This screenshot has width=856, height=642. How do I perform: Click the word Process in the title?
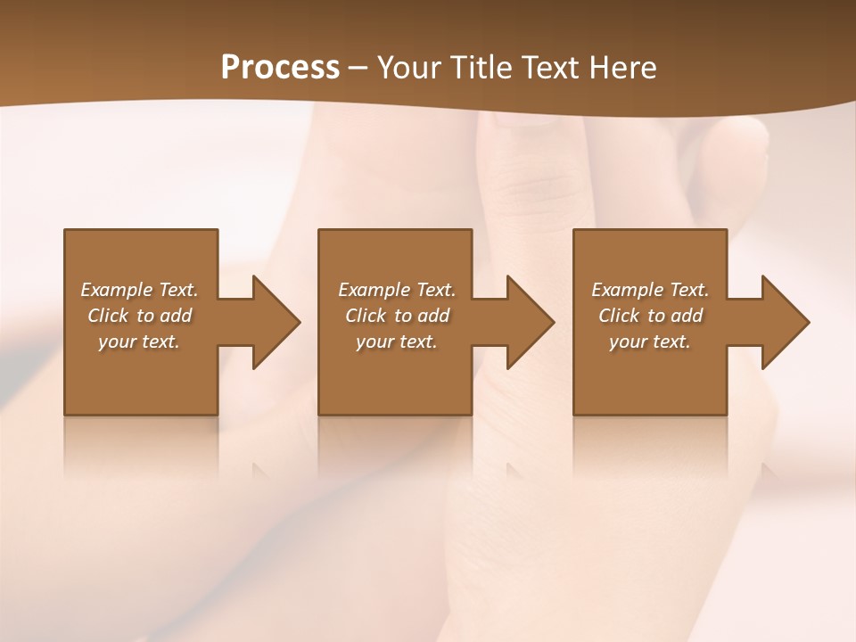(x=280, y=68)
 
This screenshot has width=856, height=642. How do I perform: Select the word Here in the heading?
(x=622, y=68)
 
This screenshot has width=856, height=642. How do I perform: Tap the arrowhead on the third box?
(x=784, y=322)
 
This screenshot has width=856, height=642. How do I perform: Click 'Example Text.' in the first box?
(x=139, y=290)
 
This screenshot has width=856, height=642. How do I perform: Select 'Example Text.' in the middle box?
(x=396, y=290)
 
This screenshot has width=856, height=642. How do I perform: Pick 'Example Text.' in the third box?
(x=650, y=290)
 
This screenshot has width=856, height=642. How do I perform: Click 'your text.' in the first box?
(x=139, y=342)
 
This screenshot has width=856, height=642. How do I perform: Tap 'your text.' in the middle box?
(x=396, y=342)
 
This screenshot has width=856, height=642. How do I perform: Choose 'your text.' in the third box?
(x=650, y=342)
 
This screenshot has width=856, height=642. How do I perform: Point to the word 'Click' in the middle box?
(x=365, y=316)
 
